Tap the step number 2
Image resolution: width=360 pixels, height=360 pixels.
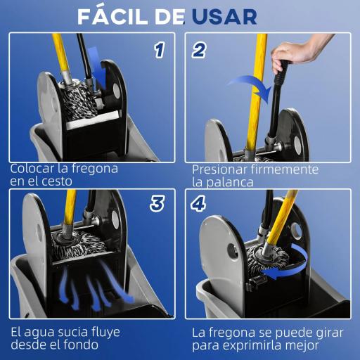(200, 50)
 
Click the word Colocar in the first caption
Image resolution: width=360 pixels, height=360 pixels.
(32, 169)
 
